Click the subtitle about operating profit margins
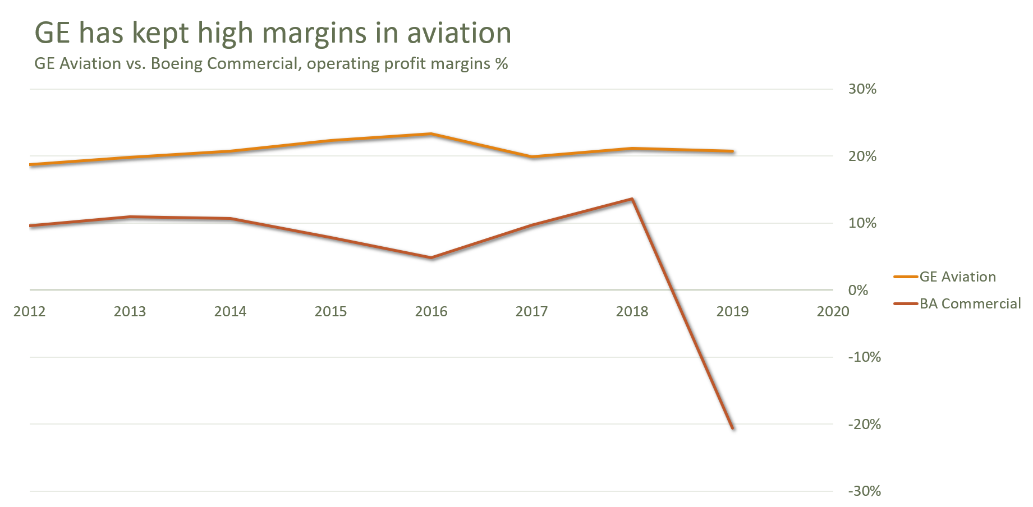[271, 64]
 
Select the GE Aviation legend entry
[957, 276]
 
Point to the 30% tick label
[862, 89]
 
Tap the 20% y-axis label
[862, 156]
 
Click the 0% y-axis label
[858, 290]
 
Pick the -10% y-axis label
[865, 357]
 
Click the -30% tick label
[865, 491]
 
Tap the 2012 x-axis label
[29, 311]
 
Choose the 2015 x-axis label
[330, 311]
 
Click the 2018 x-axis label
[632, 311]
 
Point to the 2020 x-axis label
[833, 311]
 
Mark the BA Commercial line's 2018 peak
[632, 199]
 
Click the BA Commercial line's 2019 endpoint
[732, 428]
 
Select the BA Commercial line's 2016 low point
[431, 257]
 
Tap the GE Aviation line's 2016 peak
[431, 133]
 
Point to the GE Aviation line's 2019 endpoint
[732, 151]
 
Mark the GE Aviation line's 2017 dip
[531, 156]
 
